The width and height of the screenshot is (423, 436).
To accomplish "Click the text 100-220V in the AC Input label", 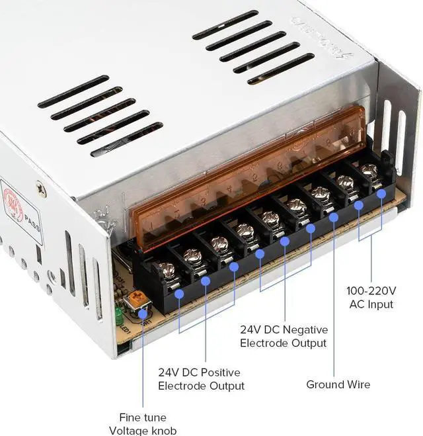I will tap(371, 290).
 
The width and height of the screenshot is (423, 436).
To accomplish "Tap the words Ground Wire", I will tap(338, 384).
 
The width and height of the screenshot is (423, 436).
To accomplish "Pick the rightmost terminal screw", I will tap(369, 171).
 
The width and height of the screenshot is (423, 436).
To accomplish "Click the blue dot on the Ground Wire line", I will tap(334, 216).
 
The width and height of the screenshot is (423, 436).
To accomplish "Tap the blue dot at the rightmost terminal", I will tap(381, 193).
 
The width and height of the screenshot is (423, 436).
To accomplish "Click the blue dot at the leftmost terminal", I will tap(179, 291).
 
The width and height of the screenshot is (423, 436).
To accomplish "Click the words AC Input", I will tap(371, 304).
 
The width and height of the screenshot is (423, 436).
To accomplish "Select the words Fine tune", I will tap(142, 417).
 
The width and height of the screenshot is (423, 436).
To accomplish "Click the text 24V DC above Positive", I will tap(179, 372).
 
